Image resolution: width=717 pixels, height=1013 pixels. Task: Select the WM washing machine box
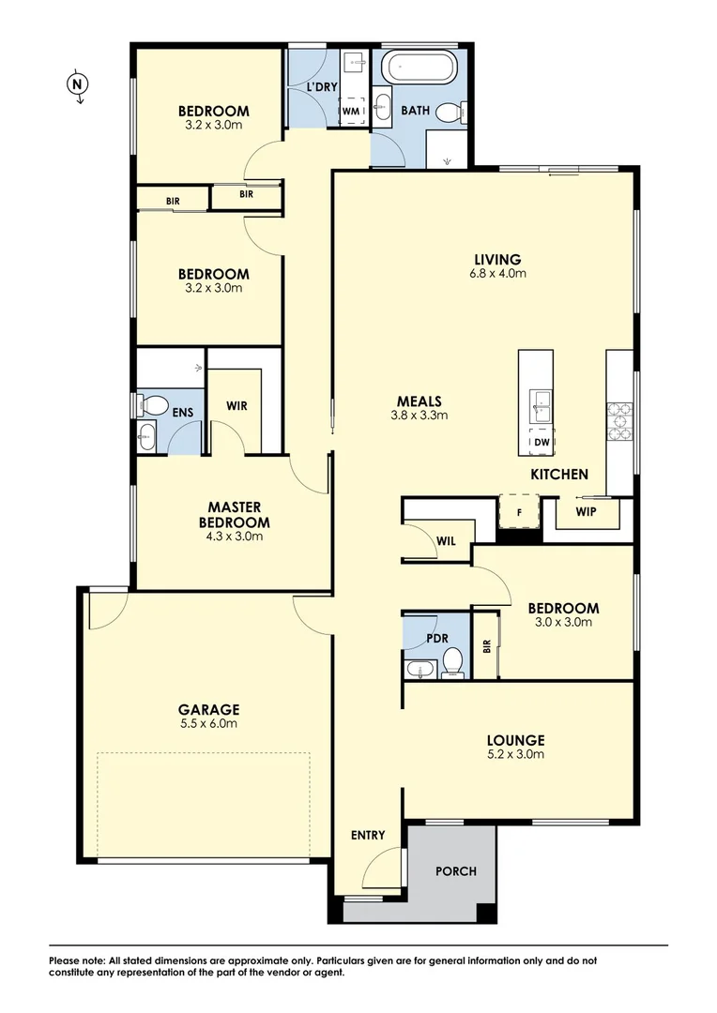351,111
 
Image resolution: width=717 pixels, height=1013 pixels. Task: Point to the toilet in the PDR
453,660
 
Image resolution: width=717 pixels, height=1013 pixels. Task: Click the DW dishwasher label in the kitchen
542,442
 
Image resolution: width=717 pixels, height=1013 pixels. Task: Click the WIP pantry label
586,513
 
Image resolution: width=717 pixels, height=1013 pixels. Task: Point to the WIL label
446,540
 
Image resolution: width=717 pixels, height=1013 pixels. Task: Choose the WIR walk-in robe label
236,406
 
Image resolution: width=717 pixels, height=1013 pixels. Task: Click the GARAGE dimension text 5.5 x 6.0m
210,723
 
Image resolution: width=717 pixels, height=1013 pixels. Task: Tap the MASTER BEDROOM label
234,515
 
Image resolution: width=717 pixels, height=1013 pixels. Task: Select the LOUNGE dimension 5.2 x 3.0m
515,753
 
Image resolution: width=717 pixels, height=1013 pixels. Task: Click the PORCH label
456,871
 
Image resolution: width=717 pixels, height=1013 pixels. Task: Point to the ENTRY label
368,835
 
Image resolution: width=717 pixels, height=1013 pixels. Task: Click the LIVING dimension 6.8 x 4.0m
496,274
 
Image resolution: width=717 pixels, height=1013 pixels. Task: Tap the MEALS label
419,401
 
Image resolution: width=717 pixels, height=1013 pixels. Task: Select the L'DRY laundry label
321,88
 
